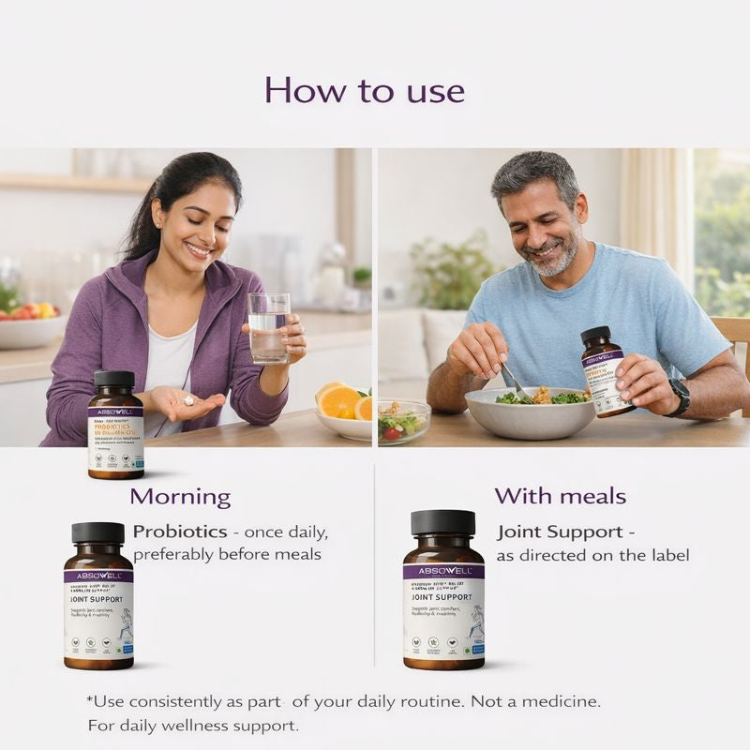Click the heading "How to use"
364,91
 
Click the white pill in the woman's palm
187,400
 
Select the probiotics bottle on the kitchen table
115,425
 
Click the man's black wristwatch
678,397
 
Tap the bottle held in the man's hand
604,370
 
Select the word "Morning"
180,497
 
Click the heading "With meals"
560,496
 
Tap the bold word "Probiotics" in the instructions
180,532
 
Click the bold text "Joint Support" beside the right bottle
558,532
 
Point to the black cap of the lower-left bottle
98,532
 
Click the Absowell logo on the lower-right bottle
443,571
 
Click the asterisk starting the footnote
91,699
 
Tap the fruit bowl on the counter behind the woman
28,323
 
